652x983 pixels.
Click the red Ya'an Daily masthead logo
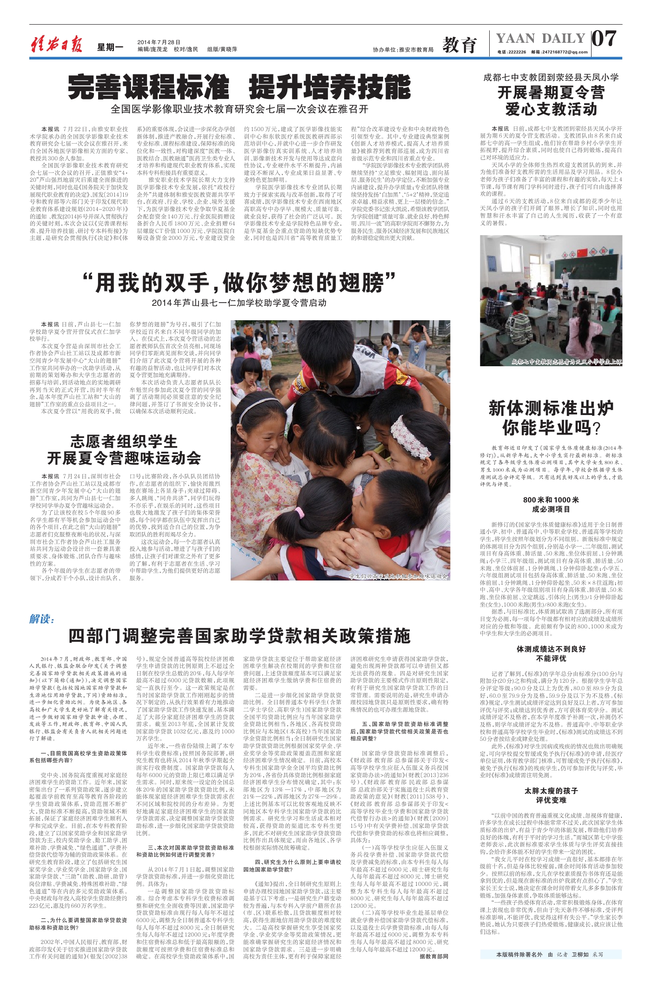[56, 45]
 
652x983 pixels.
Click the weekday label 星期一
[110, 47]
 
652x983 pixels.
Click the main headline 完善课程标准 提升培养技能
[239, 87]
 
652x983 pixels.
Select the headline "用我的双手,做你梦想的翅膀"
[239, 283]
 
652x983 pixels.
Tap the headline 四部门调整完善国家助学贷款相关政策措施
[239, 635]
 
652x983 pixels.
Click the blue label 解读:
[42, 619]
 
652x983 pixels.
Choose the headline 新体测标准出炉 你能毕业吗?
[551, 418]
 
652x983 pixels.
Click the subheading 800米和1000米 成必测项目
[551, 504]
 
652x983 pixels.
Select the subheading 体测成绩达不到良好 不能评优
[551, 653]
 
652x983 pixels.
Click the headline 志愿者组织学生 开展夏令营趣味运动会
[124, 449]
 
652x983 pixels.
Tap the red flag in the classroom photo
[583, 253]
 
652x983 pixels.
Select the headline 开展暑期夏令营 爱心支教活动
[551, 101]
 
